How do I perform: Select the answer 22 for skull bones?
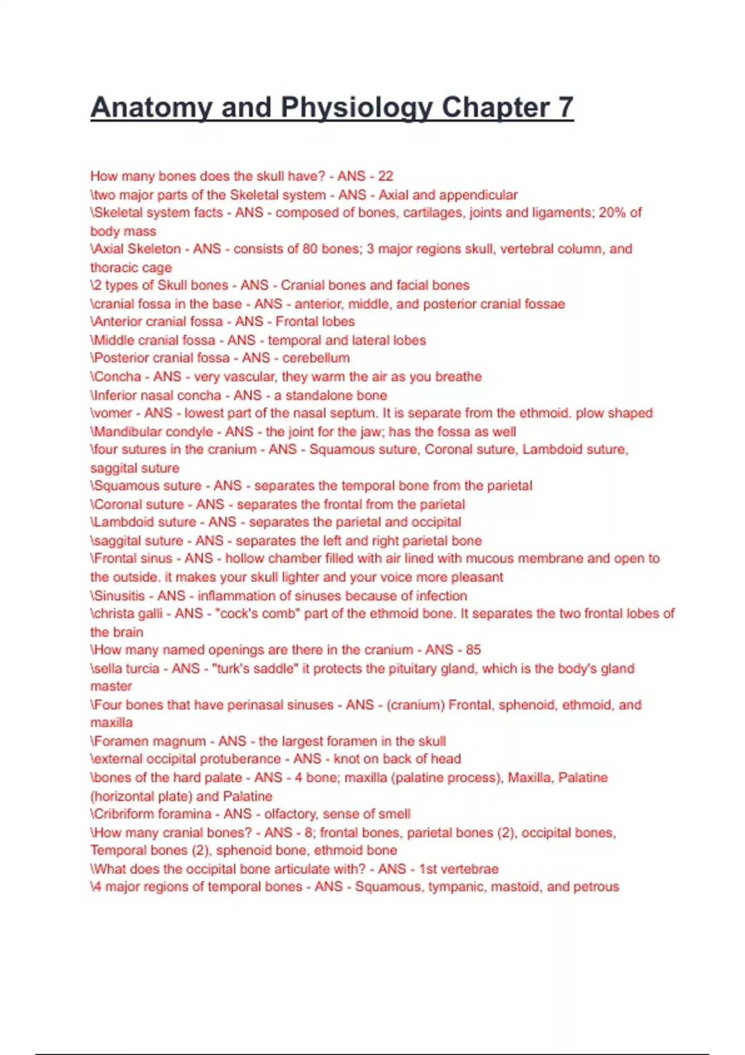[x=386, y=176]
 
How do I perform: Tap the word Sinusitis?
[x=121, y=596]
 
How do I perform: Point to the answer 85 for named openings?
[x=473, y=650]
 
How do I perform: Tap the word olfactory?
[x=290, y=814]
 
